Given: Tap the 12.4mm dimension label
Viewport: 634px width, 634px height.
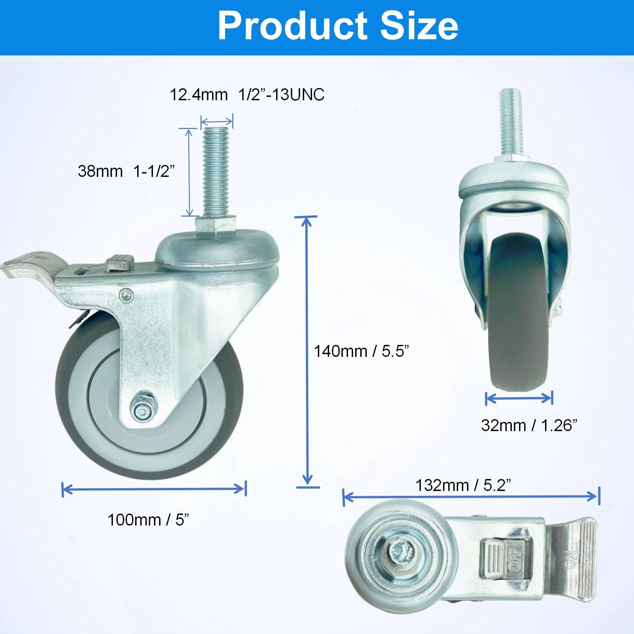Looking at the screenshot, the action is [x=199, y=95].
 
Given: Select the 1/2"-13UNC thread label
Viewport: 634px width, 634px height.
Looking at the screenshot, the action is [x=281, y=95].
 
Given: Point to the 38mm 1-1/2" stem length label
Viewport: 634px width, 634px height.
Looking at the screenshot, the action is [x=126, y=171].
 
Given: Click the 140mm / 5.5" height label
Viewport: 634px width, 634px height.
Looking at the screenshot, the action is [x=361, y=351].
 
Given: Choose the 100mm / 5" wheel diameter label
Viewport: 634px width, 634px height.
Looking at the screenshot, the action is [x=148, y=520].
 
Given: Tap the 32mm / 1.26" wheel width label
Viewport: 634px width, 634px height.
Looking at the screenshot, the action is [x=529, y=425].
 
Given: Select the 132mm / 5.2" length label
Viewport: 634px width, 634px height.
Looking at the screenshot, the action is [x=463, y=485].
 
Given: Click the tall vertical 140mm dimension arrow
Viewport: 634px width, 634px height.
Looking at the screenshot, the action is [x=308, y=352].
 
